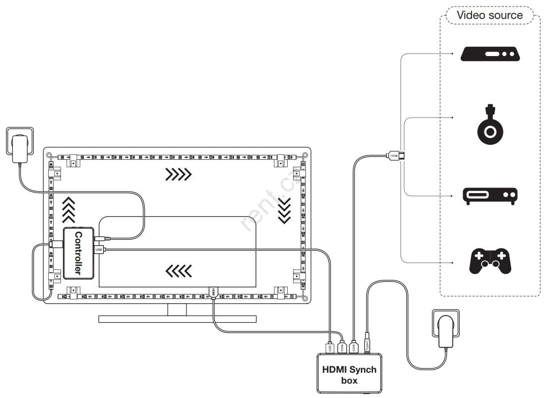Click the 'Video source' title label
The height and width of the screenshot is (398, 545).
(489, 15)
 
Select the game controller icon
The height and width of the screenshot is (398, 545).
(490, 262)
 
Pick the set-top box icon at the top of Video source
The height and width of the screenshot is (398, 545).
(490, 54)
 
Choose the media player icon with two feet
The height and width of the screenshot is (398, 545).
(490, 196)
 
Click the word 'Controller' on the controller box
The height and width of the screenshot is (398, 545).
(78, 253)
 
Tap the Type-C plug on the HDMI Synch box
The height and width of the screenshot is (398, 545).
(367, 344)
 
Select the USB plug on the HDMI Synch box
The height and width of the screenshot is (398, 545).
(330, 346)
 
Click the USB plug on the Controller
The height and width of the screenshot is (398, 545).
(99, 249)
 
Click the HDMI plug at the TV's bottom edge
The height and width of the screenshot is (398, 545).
(214, 293)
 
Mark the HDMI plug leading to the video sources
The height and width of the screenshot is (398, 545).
(395, 155)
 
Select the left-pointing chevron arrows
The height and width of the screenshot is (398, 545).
(179, 270)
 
